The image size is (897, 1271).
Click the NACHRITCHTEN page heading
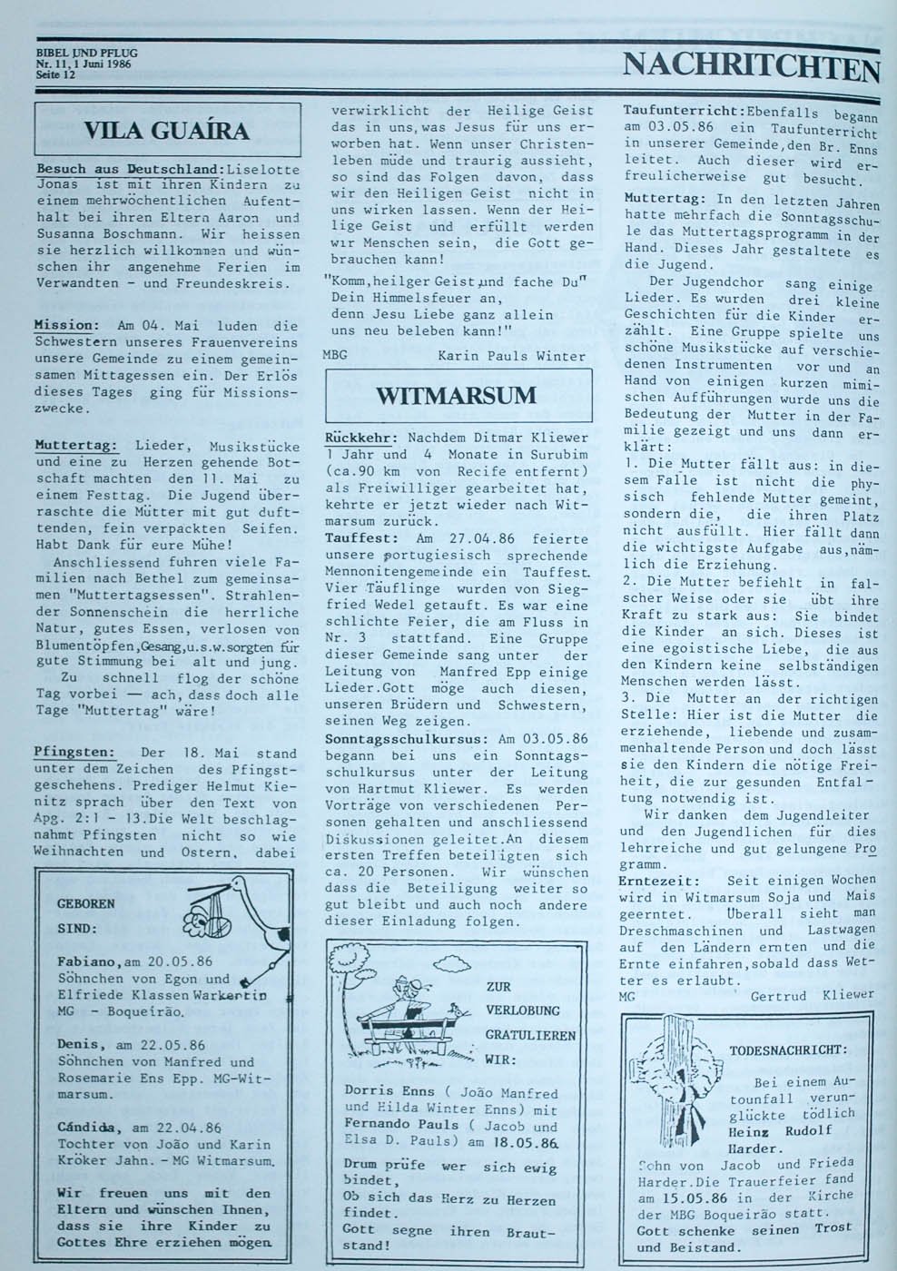click(751, 68)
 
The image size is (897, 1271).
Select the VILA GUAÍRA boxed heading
click(166, 130)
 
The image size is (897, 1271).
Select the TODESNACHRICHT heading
click(788, 1049)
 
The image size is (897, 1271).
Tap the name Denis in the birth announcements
click(76, 1045)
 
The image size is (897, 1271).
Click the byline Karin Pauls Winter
click(511, 356)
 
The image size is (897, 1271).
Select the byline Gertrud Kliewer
click(812, 995)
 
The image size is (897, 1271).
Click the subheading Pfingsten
click(74, 753)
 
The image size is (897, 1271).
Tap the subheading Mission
click(66, 325)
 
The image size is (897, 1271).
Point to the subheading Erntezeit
click(659, 881)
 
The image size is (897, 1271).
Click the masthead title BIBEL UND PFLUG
click(86, 54)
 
